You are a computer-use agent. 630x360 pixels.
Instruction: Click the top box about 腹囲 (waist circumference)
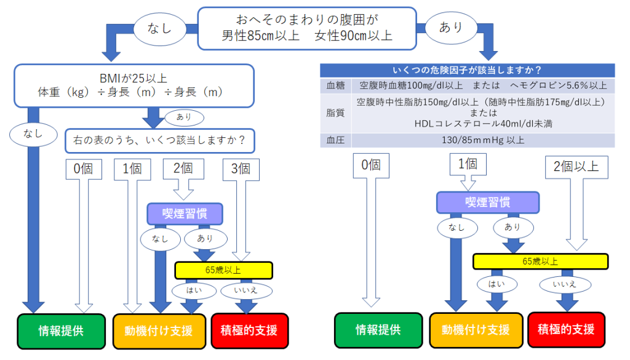307,28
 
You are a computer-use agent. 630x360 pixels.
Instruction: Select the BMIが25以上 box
134,86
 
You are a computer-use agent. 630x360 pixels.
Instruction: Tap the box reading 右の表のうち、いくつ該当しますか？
160,141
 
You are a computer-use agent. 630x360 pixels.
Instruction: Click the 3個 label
241,169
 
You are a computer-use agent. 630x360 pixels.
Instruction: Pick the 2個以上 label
576,167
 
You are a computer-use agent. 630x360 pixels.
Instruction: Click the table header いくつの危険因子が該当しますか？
468,70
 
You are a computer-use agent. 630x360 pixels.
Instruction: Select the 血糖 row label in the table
335,85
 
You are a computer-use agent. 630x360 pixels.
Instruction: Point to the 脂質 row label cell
335,113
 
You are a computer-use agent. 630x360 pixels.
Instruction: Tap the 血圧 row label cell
335,140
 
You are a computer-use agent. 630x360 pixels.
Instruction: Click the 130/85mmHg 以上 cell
483,140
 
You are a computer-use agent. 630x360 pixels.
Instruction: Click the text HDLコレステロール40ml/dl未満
483,124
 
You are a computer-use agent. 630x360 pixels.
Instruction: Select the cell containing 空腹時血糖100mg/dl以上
483,85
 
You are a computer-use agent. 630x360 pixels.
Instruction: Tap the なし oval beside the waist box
159,28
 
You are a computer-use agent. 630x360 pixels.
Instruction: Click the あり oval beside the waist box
451,27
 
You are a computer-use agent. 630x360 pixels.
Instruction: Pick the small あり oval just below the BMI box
184,117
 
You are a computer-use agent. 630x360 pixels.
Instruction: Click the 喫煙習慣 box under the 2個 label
185,214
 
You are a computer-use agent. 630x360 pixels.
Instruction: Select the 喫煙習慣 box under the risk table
488,202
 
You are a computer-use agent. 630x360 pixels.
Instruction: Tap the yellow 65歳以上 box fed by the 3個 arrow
223,270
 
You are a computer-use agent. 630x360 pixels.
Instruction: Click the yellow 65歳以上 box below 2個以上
540,262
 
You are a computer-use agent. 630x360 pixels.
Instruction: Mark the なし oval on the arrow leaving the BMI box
33,134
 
